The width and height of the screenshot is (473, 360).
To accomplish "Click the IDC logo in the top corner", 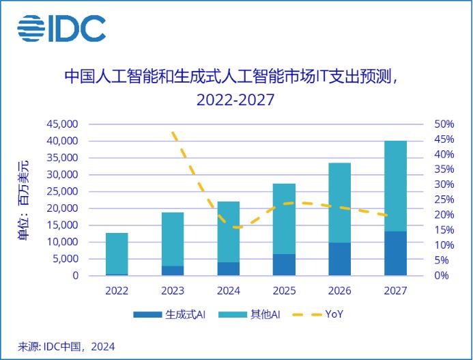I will pyautogui.click(x=61, y=28).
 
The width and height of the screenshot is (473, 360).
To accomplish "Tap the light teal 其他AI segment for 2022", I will pyautogui.click(x=117, y=253).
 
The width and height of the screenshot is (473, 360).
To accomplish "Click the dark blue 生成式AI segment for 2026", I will pyautogui.click(x=340, y=259).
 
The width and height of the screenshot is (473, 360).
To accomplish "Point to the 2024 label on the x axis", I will pyautogui.click(x=228, y=290).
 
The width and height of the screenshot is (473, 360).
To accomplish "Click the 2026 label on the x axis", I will pyautogui.click(x=340, y=290).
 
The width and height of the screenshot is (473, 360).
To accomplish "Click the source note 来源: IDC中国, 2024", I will pyautogui.click(x=67, y=346).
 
